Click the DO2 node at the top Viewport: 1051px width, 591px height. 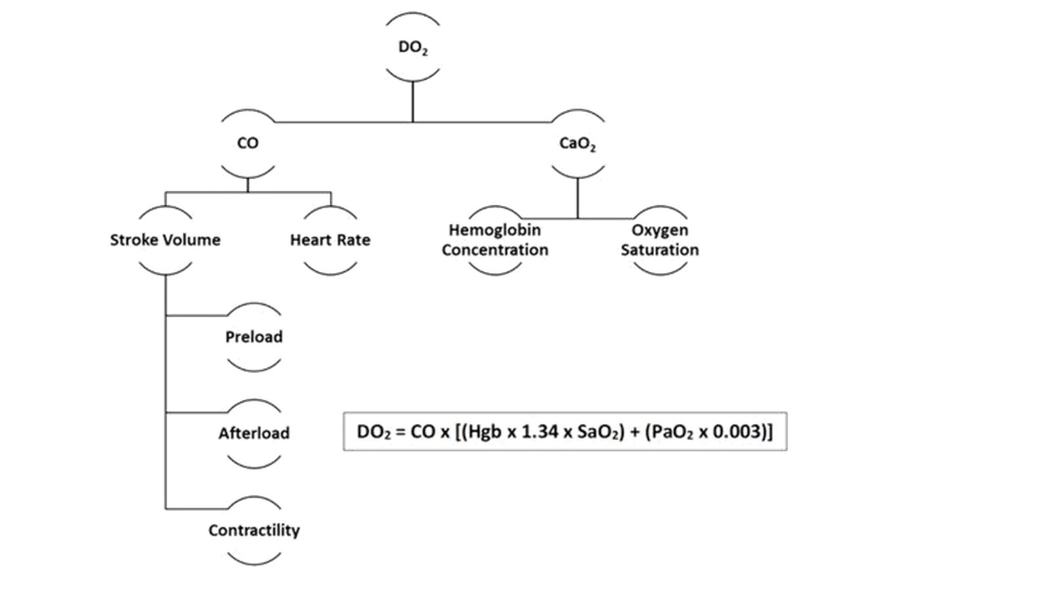(x=413, y=47)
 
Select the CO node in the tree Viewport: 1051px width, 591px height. (x=248, y=143)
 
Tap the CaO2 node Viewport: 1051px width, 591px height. (x=577, y=143)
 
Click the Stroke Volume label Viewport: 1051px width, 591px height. (x=165, y=240)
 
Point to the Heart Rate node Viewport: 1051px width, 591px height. (x=330, y=240)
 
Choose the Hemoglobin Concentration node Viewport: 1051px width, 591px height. (x=495, y=240)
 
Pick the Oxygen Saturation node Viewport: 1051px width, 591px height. (x=660, y=240)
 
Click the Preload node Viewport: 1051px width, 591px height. (x=254, y=337)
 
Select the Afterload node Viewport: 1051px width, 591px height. (x=254, y=433)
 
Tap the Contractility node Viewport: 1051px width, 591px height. (x=254, y=530)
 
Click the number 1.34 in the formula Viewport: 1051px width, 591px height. (x=538, y=432)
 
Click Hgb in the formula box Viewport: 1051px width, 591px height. (x=485, y=432)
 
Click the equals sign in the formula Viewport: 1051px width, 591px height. (x=400, y=432)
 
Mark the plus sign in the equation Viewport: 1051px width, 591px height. (x=635, y=432)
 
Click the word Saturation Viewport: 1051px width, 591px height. (x=660, y=250)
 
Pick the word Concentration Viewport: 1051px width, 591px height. (x=495, y=250)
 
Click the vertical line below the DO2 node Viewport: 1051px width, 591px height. (x=413, y=102)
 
